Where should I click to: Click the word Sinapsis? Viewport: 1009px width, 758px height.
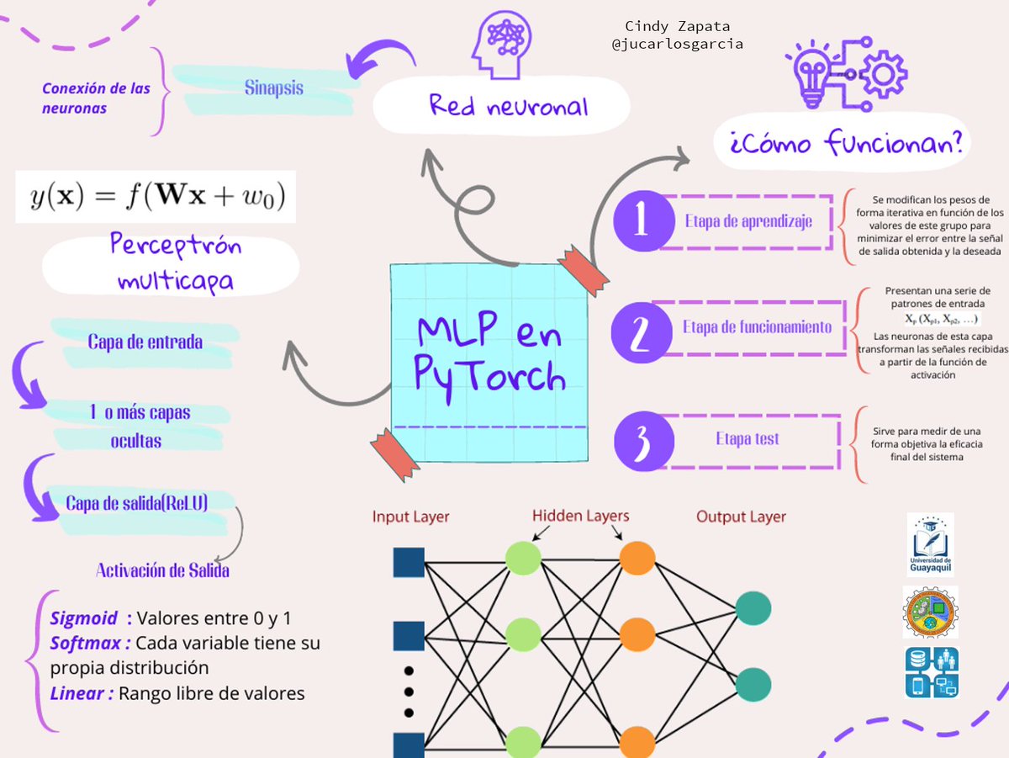point(273,87)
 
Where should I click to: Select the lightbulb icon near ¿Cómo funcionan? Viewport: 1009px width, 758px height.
point(813,75)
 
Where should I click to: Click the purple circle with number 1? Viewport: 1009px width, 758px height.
point(643,220)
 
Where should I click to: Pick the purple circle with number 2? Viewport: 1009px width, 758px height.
point(642,332)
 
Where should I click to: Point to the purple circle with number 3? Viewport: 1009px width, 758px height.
point(644,441)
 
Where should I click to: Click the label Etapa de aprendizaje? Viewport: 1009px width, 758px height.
point(748,221)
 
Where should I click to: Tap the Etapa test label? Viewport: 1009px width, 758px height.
point(748,438)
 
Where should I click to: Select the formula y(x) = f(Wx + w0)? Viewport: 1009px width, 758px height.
point(156,197)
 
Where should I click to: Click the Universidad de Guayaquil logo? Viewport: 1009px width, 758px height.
point(931,544)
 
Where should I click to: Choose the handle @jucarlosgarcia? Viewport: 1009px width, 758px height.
point(677,44)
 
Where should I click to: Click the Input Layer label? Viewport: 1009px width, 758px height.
point(410,517)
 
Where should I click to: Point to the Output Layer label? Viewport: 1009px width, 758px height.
point(741,517)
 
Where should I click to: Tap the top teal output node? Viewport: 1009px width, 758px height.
point(753,608)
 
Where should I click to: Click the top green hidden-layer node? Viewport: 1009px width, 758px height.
point(523,559)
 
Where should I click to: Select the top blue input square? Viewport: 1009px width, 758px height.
point(409,562)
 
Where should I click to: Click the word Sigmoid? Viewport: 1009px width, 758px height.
point(83,618)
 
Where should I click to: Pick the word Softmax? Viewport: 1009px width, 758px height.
point(86,643)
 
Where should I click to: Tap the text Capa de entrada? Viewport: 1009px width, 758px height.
point(145,342)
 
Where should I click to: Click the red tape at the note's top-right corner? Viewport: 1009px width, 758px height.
point(583,270)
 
